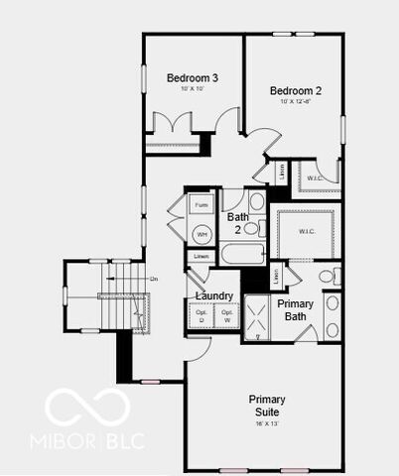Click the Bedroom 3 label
tap(193, 77)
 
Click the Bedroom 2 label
tap(296, 90)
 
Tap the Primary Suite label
tap(266, 405)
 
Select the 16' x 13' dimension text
tap(266, 423)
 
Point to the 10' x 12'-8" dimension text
tap(296, 102)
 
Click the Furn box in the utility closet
tap(201, 205)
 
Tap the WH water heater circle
tap(201, 235)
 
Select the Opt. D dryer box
tap(201, 316)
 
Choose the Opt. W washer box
tap(226, 316)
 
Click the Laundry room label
tap(214, 296)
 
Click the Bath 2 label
tap(237, 222)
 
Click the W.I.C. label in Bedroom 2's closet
tap(315, 178)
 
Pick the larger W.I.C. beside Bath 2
tap(307, 231)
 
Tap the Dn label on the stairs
tap(153, 280)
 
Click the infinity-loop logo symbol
tap(87, 407)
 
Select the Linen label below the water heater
tap(201, 256)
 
